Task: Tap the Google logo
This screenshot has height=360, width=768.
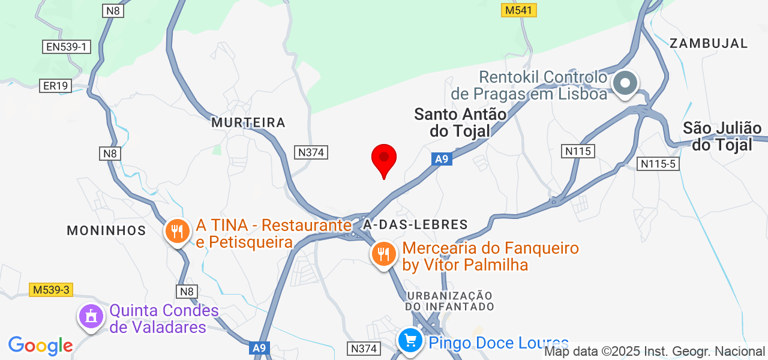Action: coord(41,346)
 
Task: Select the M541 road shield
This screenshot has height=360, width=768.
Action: coord(519,10)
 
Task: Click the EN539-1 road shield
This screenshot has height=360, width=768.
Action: coord(66,47)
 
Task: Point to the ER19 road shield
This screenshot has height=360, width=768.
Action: coord(56,86)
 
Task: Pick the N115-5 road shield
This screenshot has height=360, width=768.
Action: coord(658,163)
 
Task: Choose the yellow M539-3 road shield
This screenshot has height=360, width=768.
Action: coord(51,290)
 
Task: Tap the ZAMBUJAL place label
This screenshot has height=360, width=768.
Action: coord(709,43)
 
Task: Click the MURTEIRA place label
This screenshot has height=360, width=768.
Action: coord(248,122)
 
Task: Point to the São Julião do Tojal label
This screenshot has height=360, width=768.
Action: coord(722,136)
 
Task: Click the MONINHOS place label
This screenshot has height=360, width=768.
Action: coord(106,230)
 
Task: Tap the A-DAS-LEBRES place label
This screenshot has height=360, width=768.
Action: coord(415,225)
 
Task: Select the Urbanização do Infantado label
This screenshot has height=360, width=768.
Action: coord(450,301)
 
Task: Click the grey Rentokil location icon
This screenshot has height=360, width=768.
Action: coord(625,83)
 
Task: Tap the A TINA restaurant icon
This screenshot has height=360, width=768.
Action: coord(177,230)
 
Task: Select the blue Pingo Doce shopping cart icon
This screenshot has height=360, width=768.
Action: coord(410,341)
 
